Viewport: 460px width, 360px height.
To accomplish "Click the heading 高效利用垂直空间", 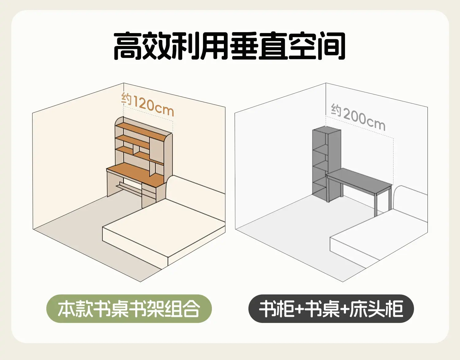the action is coord(230,46).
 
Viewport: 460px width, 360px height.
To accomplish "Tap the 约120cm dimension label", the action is coord(148,104).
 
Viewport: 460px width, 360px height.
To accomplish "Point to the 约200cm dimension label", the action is coord(358,117).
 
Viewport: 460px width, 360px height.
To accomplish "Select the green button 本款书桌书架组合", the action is coord(129,309).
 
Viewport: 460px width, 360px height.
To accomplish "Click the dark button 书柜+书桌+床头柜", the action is coord(331,309).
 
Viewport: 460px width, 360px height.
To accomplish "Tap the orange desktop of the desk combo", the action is coord(136,175).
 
